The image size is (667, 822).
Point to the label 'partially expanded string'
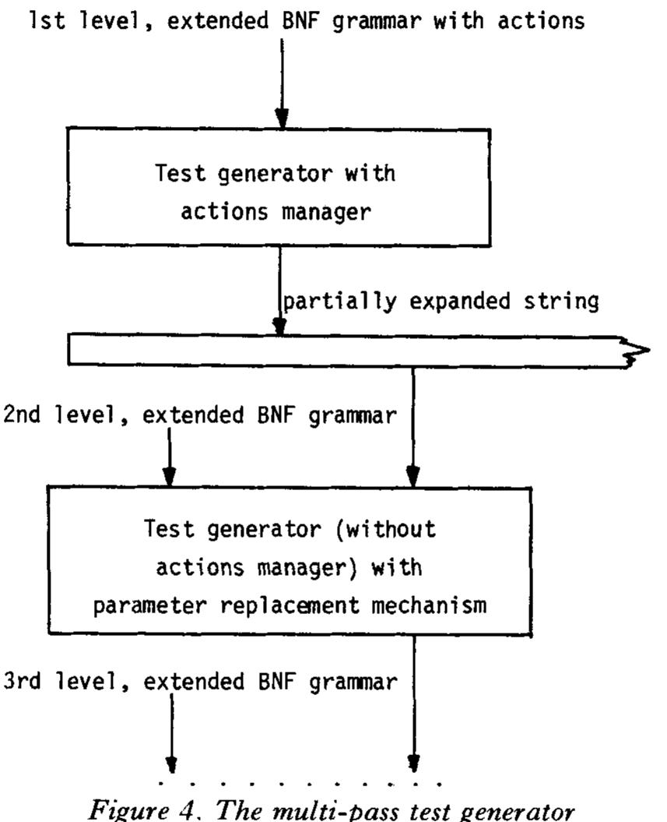[441, 302]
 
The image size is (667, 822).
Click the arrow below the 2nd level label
[170, 464]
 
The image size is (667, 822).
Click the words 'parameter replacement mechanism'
[290, 605]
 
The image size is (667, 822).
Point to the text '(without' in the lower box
[389, 528]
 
